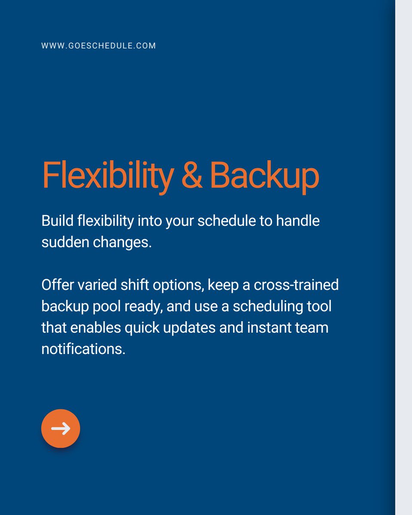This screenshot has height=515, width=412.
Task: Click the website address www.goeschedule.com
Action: (x=99, y=45)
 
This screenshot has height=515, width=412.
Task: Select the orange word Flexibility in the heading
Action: (x=108, y=176)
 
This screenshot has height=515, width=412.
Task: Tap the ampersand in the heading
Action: (x=192, y=176)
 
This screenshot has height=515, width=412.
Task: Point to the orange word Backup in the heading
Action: (x=264, y=176)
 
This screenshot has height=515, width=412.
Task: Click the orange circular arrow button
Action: (x=61, y=428)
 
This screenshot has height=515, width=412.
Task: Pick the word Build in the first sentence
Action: (x=55, y=221)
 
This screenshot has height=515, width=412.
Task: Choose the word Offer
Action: (x=55, y=285)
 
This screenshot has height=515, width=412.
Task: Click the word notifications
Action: (x=83, y=349)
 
